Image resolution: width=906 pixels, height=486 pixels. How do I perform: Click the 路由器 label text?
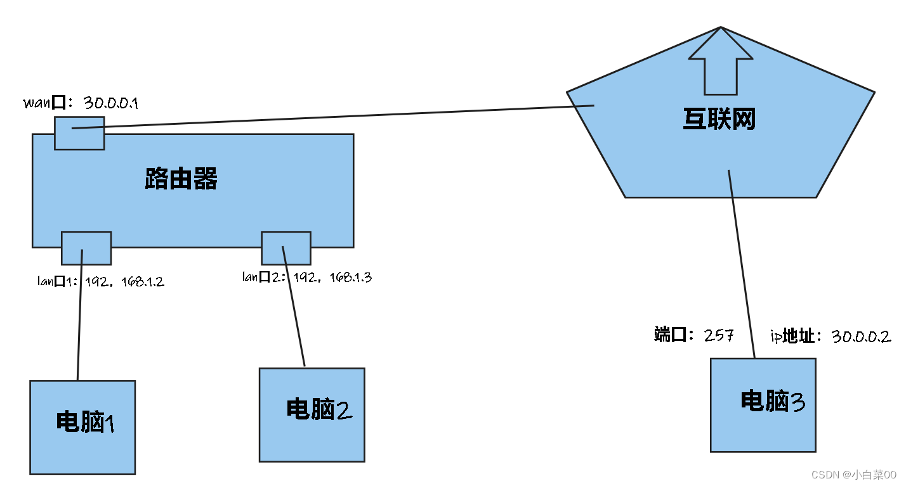pyautogui.click(x=181, y=179)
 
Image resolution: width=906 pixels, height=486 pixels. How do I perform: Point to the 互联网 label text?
pyautogui.click(x=719, y=118)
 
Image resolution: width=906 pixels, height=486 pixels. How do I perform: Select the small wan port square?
pyautogui.click(x=79, y=133)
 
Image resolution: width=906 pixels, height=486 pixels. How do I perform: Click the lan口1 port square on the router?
pyautogui.click(x=86, y=248)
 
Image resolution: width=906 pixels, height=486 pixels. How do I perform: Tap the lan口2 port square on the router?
pyautogui.click(x=286, y=248)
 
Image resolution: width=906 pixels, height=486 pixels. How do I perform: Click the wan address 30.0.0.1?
pyautogui.click(x=111, y=103)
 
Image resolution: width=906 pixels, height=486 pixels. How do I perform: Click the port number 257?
pyautogui.click(x=718, y=336)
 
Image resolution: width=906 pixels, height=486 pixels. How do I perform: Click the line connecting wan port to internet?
pyautogui.click(x=330, y=117)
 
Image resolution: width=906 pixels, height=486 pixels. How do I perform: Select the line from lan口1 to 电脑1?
pyautogui.click(x=80, y=317)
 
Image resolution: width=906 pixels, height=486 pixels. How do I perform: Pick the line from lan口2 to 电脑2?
pyautogui.click(x=294, y=310)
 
